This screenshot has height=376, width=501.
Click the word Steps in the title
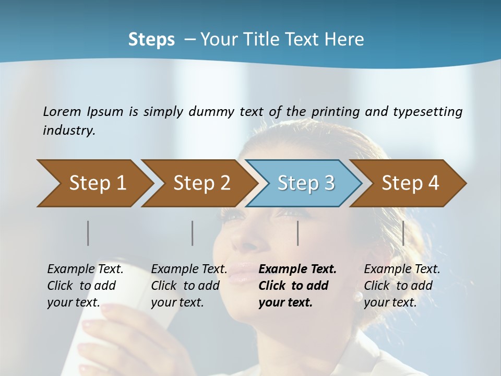pyautogui.click(x=151, y=39)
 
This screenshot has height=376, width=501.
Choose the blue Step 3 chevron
pyautogui.click(x=305, y=183)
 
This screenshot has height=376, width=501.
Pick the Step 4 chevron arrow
pyautogui.click(x=410, y=183)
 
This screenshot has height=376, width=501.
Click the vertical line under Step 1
pyautogui.click(x=88, y=233)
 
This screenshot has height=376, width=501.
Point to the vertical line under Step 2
pyautogui.click(x=193, y=233)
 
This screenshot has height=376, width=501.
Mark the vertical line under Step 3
pyautogui.click(x=298, y=233)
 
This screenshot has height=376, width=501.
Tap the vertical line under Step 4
pyautogui.click(x=403, y=233)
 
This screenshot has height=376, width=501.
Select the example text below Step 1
pyautogui.click(x=85, y=286)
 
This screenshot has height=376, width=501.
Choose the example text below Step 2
pyautogui.click(x=189, y=286)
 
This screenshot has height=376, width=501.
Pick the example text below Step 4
pyautogui.click(x=402, y=286)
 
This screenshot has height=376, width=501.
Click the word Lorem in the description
pyautogui.click(x=62, y=111)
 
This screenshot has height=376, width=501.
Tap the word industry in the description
pyautogui.click(x=69, y=131)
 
